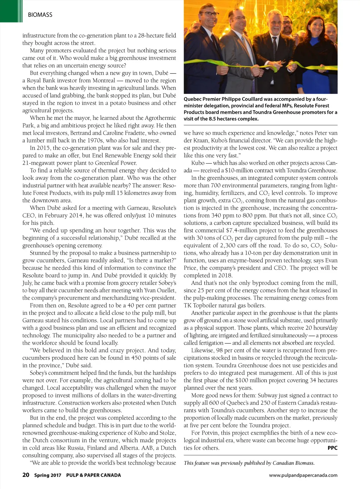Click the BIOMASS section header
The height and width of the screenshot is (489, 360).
[40, 15]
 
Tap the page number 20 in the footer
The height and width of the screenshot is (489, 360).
[26, 475]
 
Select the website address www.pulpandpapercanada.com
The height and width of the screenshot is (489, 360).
[303, 475]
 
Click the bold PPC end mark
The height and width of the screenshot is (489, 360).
[332, 448]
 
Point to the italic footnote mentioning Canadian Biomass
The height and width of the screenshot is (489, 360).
[249, 463]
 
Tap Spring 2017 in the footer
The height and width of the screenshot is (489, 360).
[48, 475]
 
